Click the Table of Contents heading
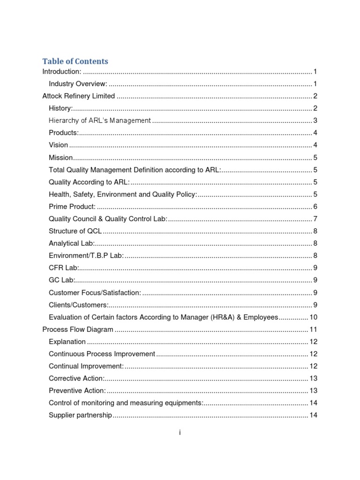coord(75,61)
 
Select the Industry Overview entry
coord(78,84)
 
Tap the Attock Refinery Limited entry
coord(78,96)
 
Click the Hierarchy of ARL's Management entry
coord(99,120)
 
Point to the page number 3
coord(316,120)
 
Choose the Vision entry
coord(58,145)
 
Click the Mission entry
coord(61,157)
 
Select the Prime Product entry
coord(72,207)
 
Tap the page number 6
coord(316,207)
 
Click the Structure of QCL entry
coord(75,231)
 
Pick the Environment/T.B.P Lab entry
coord(86,256)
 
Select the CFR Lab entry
coord(64,268)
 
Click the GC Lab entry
coord(62,280)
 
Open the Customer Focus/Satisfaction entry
coord(95,292)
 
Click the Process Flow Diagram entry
coord(78,330)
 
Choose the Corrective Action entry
coord(77,378)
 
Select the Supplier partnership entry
coord(80,415)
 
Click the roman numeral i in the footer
coord(180,433)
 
